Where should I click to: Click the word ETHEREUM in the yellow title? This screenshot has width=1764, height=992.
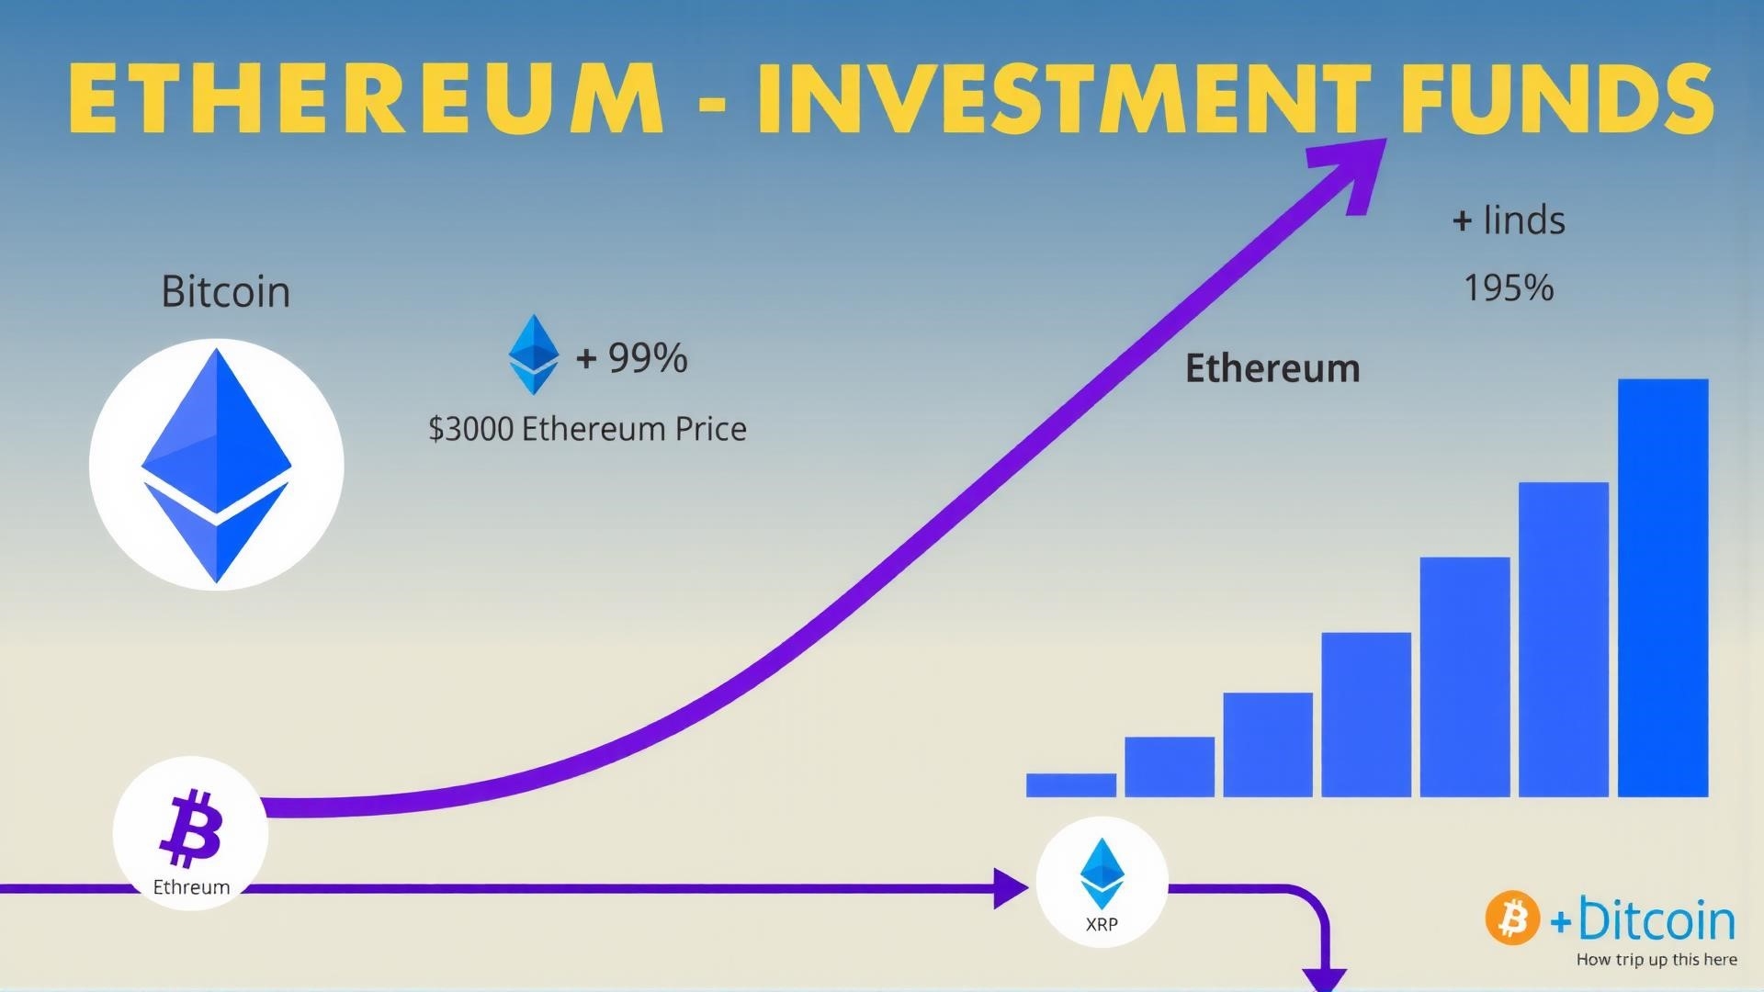[x=366, y=100]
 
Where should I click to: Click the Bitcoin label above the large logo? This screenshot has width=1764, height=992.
[x=226, y=291]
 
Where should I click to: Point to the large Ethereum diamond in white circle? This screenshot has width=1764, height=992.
[x=217, y=465]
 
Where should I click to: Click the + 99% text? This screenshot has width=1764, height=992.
[x=631, y=357]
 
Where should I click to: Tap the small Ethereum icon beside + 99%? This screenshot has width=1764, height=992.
[x=534, y=355]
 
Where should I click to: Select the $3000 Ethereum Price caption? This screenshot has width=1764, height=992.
[x=587, y=429]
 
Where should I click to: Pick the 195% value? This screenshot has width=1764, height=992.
[x=1508, y=288]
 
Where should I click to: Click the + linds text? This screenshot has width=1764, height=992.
[x=1509, y=220]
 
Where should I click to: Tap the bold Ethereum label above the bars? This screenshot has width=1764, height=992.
[x=1272, y=368]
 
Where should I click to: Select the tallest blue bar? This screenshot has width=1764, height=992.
[x=1663, y=588]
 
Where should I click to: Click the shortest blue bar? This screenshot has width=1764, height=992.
[x=1071, y=785]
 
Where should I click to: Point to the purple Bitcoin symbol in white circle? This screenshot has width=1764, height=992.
[x=191, y=828]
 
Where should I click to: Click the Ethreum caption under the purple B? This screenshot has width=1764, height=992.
[x=191, y=887]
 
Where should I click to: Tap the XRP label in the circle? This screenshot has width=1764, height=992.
[x=1102, y=924]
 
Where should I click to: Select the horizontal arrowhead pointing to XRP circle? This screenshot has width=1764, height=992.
[x=1011, y=888]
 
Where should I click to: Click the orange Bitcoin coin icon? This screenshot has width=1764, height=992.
[x=1512, y=918]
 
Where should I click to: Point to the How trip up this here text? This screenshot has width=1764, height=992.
[x=1657, y=960]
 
